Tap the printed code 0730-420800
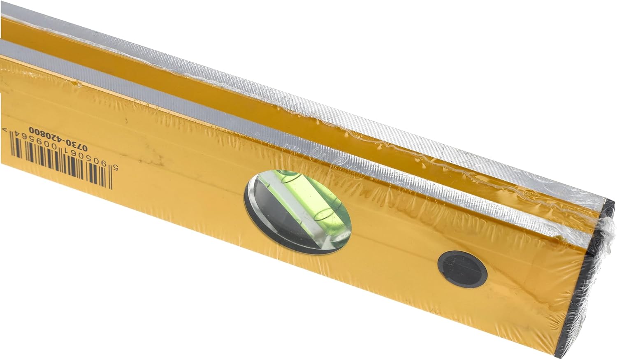(x=58, y=139)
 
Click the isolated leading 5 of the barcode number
(x=116, y=168)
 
